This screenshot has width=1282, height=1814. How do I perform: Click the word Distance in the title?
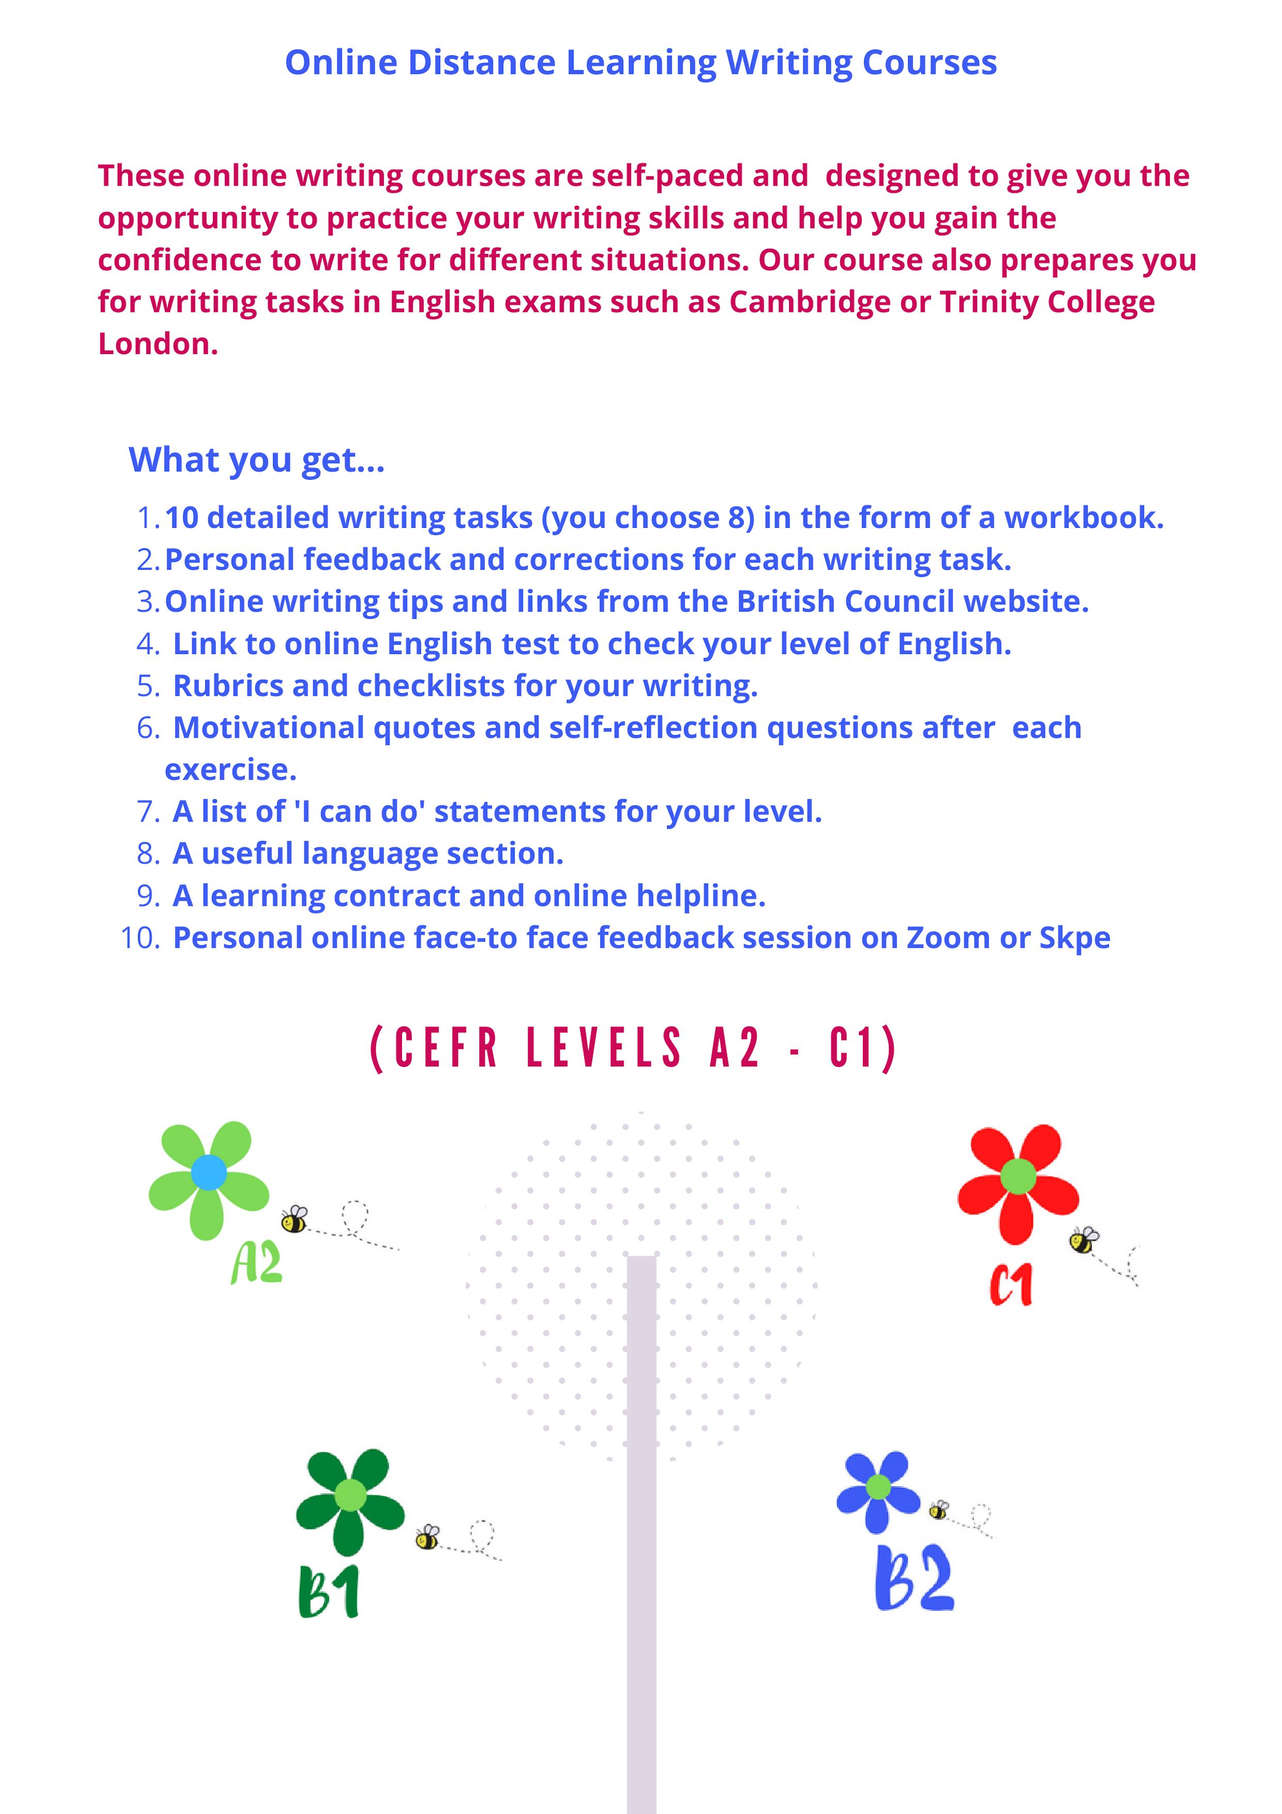(x=481, y=63)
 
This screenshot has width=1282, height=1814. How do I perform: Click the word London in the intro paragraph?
(x=157, y=344)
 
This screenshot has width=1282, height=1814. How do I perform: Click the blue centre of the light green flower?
(x=209, y=1172)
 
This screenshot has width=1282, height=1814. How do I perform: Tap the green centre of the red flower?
(x=1017, y=1177)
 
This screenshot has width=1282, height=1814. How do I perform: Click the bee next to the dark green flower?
(x=426, y=1537)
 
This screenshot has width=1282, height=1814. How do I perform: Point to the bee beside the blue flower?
(x=939, y=1510)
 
